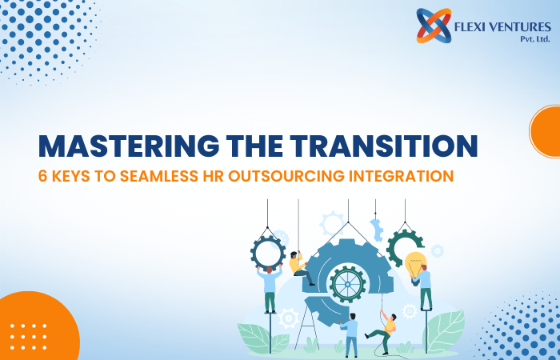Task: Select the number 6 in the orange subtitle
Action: click(43, 177)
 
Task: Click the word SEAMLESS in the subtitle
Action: click(158, 177)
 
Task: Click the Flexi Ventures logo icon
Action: click(434, 26)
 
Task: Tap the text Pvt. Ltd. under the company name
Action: click(535, 39)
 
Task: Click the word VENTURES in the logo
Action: click(522, 27)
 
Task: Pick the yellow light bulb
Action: click(414, 263)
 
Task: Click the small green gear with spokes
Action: click(347, 284)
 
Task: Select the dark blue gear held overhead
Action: click(268, 254)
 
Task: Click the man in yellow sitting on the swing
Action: click(299, 268)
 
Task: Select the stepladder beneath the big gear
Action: click(306, 326)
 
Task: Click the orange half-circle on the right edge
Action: click(546, 131)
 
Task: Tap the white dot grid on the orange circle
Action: click(29, 337)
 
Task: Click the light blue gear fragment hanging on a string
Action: click(376, 230)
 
